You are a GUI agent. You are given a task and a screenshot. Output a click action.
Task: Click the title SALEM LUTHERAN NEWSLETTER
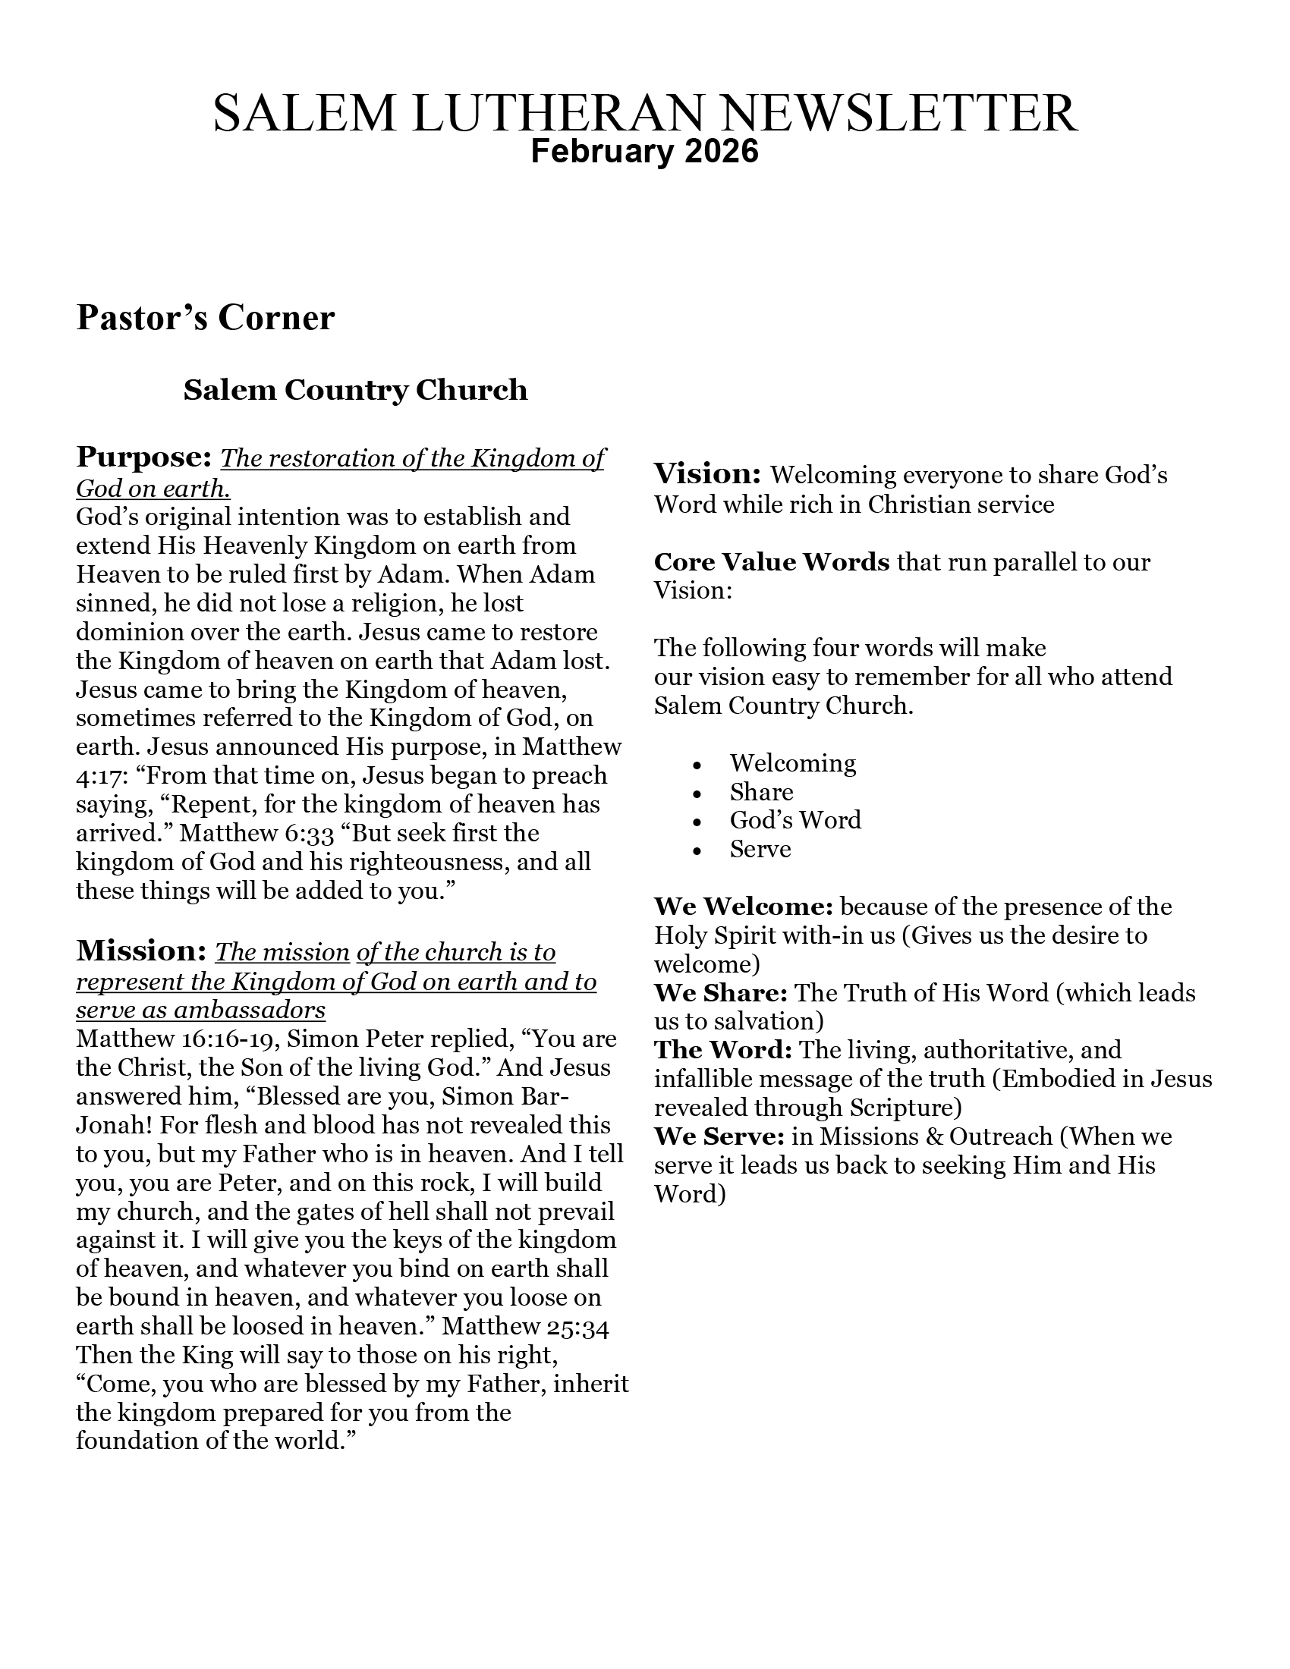coord(645,113)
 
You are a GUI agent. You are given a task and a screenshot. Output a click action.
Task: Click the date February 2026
coord(645,151)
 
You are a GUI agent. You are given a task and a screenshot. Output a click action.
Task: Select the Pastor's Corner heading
coord(205,318)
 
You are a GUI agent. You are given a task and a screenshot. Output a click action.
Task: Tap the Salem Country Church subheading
coord(355,390)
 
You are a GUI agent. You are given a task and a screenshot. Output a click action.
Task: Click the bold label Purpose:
coord(143,457)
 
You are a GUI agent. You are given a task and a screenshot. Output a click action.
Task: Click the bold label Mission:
coord(141,951)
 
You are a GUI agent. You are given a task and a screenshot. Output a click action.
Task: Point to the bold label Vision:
coord(707,474)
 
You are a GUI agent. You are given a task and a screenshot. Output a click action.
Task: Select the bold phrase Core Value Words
coord(771,561)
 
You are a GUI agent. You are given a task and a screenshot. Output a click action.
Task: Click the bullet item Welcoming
coord(792,762)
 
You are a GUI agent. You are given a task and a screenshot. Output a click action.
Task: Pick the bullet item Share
coord(761,792)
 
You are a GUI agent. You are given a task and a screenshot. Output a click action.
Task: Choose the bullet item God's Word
coord(794,820)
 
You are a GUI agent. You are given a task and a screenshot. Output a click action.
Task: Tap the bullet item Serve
coord(760,849)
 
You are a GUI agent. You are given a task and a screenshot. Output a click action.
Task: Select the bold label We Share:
coord(720,993)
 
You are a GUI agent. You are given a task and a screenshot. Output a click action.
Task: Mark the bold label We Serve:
coord(719,1136)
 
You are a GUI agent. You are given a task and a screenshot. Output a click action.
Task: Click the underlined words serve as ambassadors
coord(200,1011)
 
